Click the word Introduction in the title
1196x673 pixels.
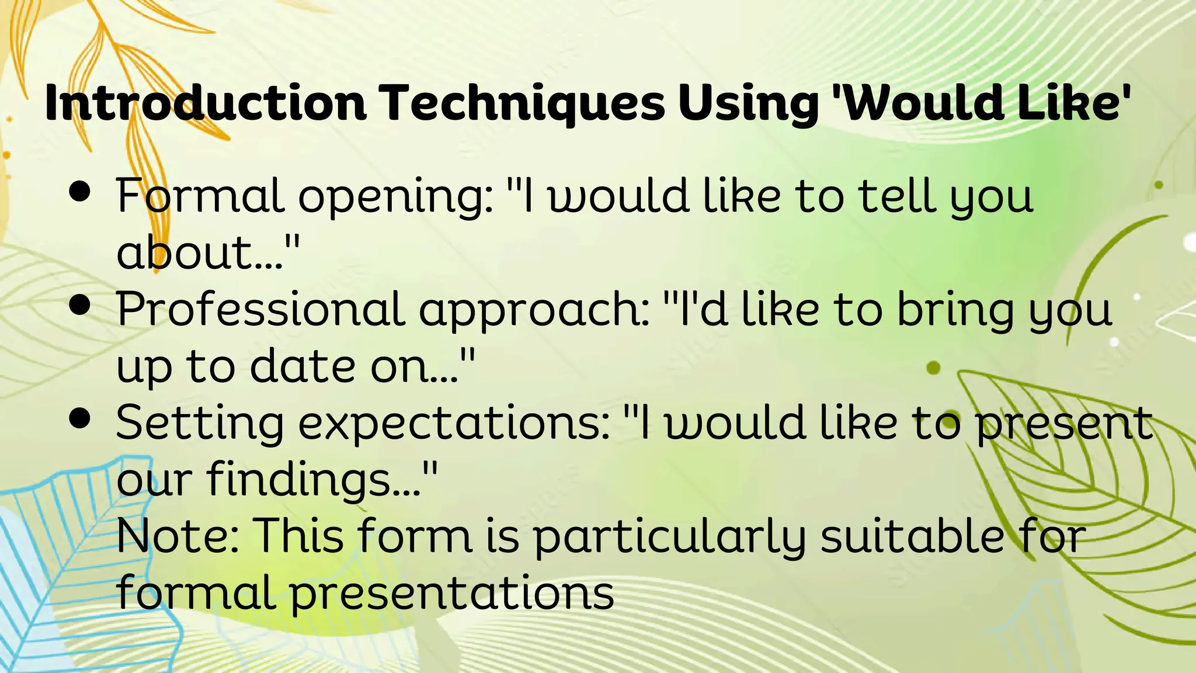click(x=206, y=103)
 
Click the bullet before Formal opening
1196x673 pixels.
click(x=80, y=192)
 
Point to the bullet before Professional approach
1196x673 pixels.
click(x=80, y=305)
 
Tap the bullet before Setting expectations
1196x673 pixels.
click(x=80, y=418)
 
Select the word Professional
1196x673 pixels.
click(x=260, y=308)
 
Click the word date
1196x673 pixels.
click(x=303, y=365)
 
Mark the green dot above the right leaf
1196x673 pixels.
click(x=933, y=367)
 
